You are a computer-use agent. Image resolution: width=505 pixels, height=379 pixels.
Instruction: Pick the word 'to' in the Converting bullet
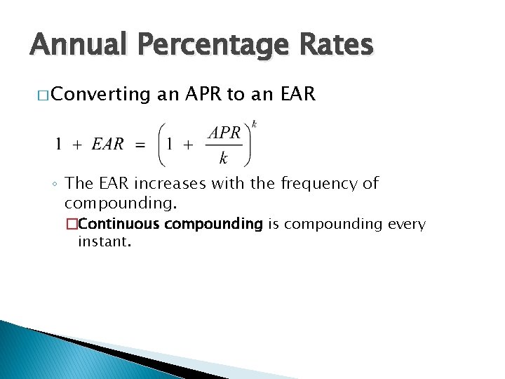pos(238,94)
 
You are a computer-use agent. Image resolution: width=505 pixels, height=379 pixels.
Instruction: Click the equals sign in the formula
pos(140,145)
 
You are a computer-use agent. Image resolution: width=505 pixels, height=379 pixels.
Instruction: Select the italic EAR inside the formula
pos(108,145)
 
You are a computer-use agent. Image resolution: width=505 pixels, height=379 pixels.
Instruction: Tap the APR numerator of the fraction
pos(224,133)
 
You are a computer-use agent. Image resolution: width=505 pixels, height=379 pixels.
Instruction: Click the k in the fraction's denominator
pos(224,158)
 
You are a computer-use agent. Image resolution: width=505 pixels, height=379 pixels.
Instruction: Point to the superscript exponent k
pos(254,124)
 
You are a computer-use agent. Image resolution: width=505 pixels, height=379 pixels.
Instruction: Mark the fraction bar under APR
pos(224,145)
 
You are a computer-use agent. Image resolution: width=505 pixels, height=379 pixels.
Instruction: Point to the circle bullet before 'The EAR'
pos(55,185)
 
